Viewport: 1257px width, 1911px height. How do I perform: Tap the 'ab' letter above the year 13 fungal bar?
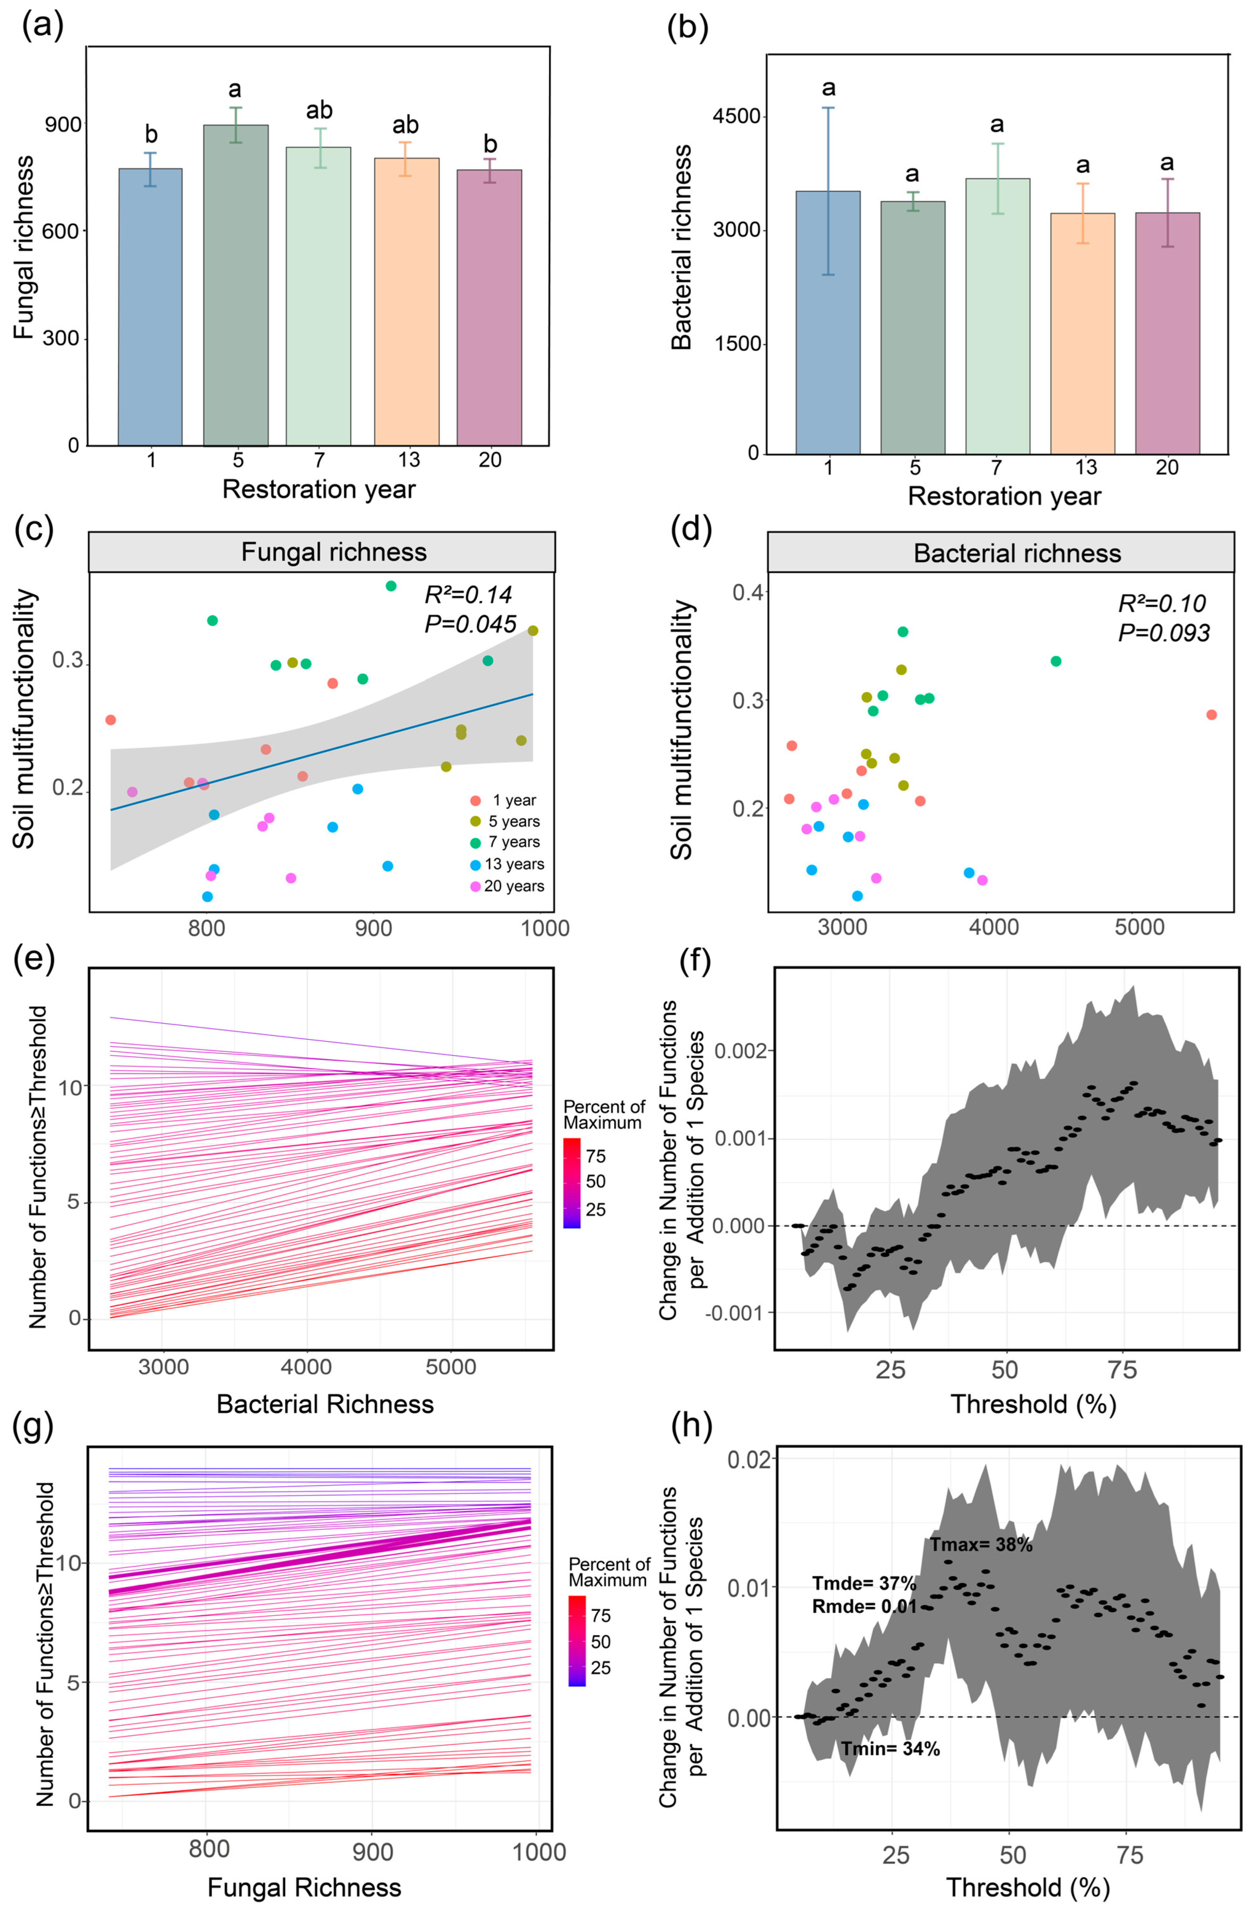[405, 125]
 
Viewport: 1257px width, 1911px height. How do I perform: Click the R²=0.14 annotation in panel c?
[468, 595]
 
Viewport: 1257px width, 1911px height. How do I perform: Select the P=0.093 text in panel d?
[1164, 634]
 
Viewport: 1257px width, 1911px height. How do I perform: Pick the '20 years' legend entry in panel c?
[514, 887]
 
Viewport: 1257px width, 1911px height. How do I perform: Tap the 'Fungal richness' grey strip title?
[334, 553]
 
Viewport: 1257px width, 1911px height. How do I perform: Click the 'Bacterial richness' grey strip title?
[1017, 553]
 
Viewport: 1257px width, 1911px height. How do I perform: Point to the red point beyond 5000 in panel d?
[1211, 715]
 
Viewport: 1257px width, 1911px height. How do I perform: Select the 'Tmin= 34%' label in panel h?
[890, 1726]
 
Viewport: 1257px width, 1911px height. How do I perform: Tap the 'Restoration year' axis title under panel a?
[319, 489]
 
